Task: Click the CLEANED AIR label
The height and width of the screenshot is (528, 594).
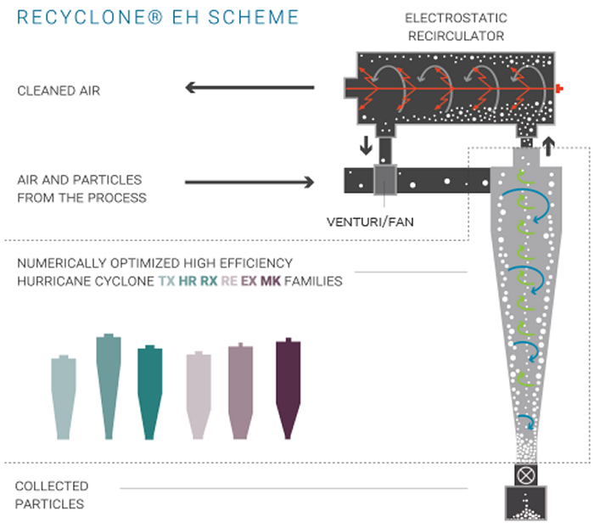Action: (59, 90)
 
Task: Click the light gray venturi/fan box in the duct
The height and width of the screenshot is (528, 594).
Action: (385, 179)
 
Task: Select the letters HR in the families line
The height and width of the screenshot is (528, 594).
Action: (188, 281)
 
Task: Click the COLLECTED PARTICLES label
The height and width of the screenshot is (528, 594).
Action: (52, 495)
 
